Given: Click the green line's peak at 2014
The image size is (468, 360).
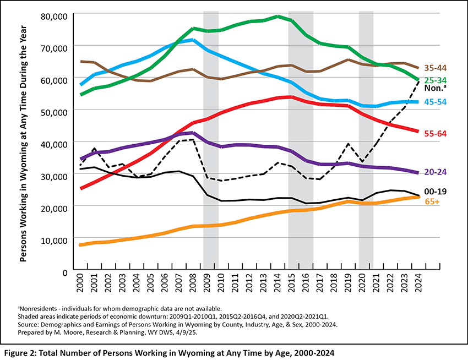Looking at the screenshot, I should tap(277, 17).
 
